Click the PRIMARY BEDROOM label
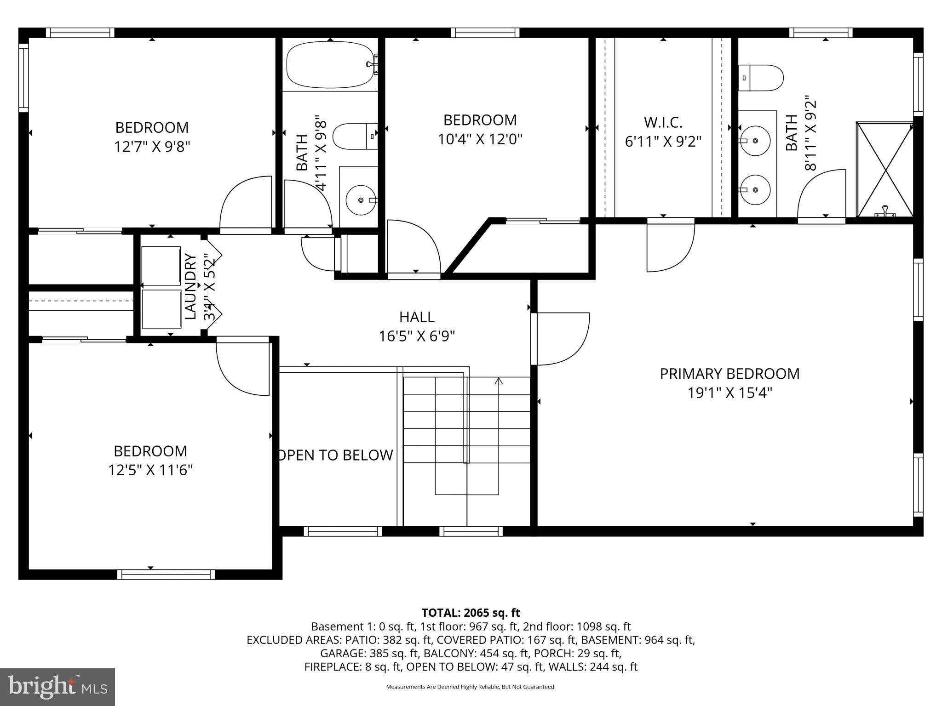point(729,374)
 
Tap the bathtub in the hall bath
point(329,64)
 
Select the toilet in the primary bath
point(761,78)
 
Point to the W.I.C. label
point(663,123)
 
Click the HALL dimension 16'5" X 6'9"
point(417,336)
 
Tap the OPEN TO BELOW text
point(336,455)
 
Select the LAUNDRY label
point(191,286)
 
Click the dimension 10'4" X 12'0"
point(480,139)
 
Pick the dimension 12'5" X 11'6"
point(150,470)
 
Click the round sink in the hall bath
point(362,200)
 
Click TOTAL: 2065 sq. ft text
point(471,613)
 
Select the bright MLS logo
point(57,687)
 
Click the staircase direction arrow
point(499,381)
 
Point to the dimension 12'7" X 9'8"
point(152,147)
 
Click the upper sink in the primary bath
point(755,140)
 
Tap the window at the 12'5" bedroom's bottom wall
point(166,574)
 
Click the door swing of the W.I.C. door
point(671,248)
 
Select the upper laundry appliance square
point(161,266)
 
